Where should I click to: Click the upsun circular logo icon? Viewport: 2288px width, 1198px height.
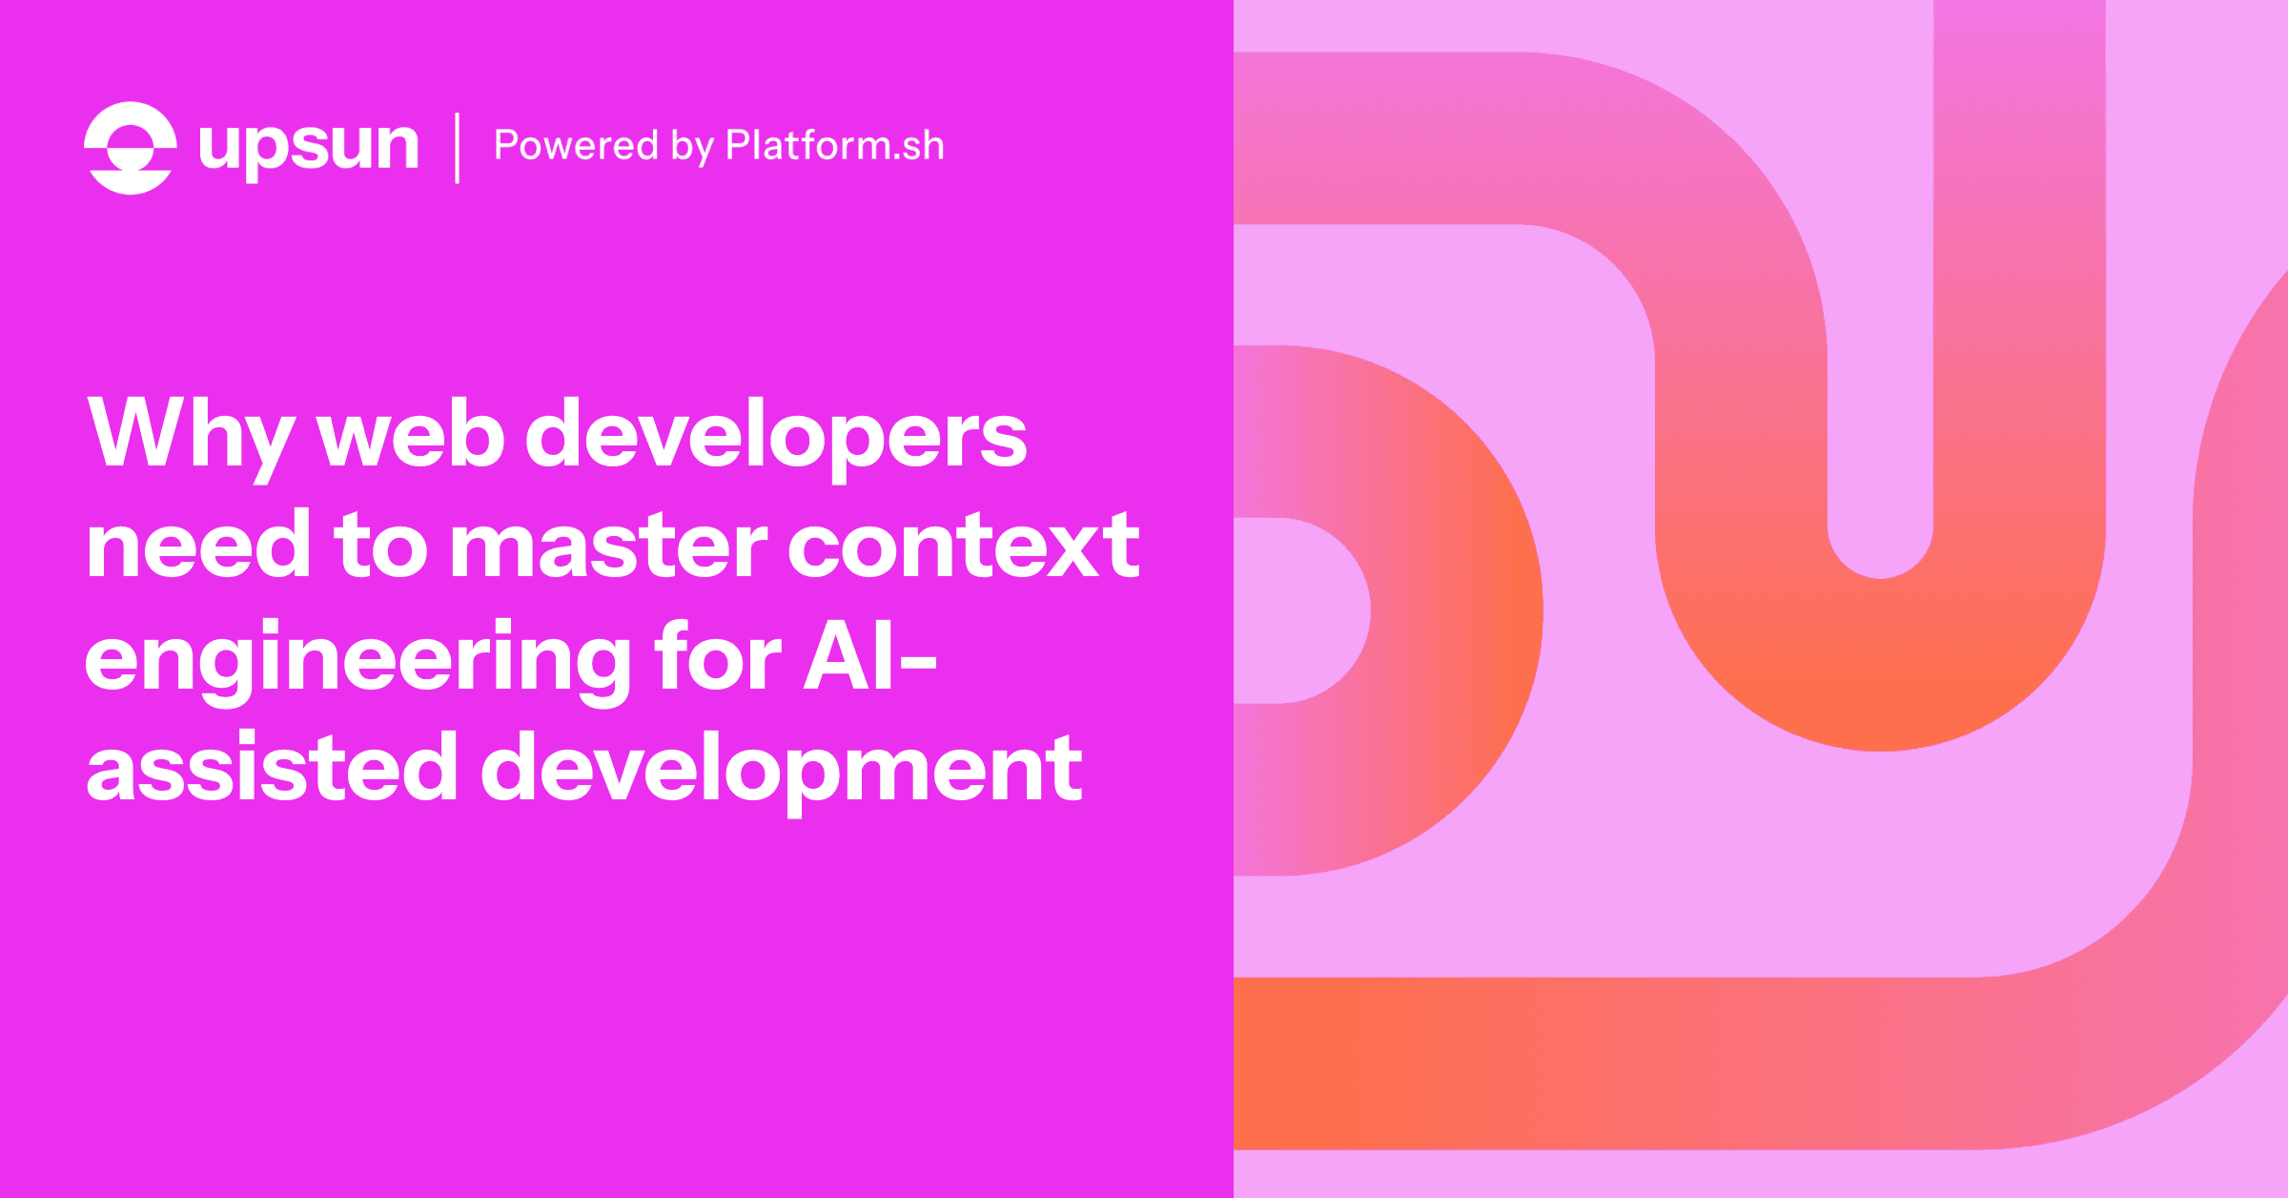click(x=130, y=148)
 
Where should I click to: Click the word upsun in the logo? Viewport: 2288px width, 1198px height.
click(x=308, y=148)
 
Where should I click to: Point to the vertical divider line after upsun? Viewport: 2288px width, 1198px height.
click(x=458, y=148)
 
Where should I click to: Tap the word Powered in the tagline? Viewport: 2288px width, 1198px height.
click(x=576, y=146)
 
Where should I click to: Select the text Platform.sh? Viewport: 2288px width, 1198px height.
click(x=834, y=146)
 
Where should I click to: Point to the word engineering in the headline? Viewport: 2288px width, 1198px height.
click(x=357, y=658)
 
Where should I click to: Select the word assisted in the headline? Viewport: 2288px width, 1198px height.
click(x=272, y=768)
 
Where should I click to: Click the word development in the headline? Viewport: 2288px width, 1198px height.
click(x=781, y=768)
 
